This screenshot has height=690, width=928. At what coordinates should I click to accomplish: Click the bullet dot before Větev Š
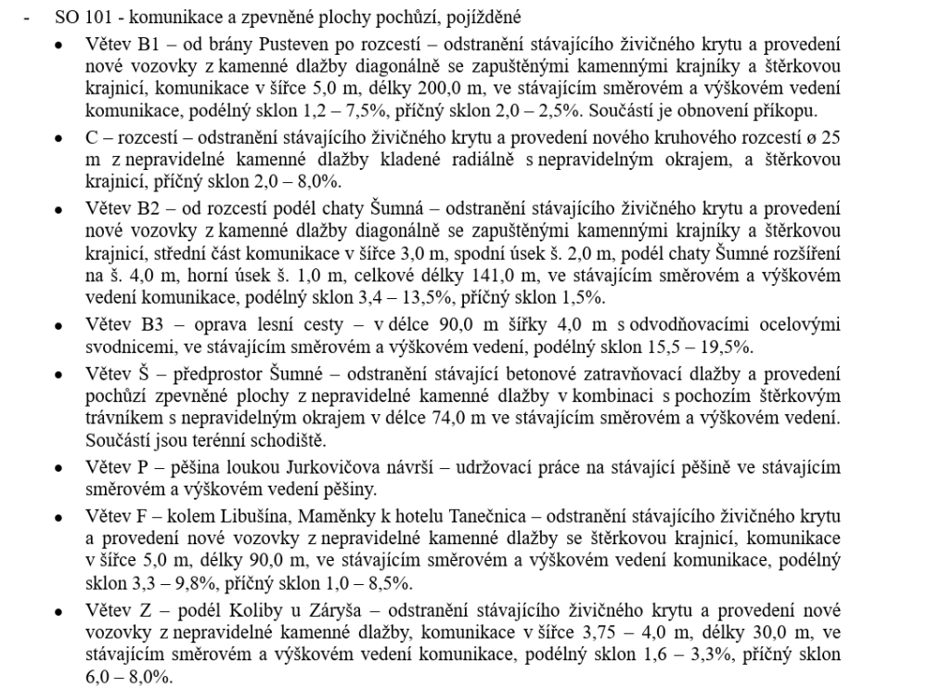(60, 376)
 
